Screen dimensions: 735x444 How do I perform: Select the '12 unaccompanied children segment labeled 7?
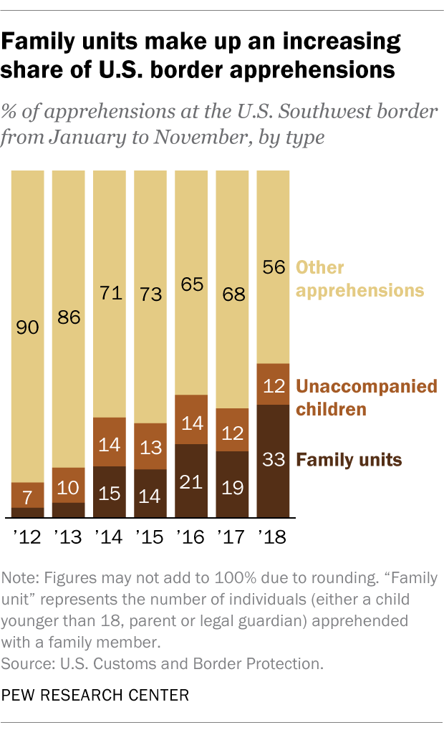tap(27, 495)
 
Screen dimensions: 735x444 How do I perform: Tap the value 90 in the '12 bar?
tap(27, 328)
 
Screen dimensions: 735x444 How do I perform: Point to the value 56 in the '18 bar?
tap(272, 266)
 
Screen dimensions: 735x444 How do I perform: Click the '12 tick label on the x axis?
tap(27, 537)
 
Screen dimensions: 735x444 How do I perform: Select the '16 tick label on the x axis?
tap(190, 537)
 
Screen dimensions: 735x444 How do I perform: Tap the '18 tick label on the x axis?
tap(272, 537)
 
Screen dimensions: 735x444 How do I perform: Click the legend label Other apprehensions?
tap(360, 279)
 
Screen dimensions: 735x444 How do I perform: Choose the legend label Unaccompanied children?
tap(366, 398)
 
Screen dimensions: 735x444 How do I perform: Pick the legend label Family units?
tap(349, 459)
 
